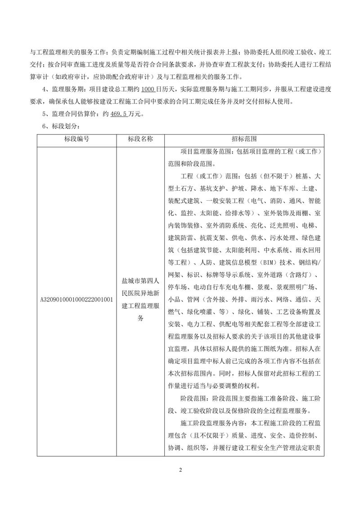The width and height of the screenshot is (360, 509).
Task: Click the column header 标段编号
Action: pyautogui.click(x=76, y=139)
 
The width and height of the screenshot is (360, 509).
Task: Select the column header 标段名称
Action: pyautogui.click(x=140, y=139)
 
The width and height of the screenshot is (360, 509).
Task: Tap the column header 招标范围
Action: pyautogui.click(x=245, y=139)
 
